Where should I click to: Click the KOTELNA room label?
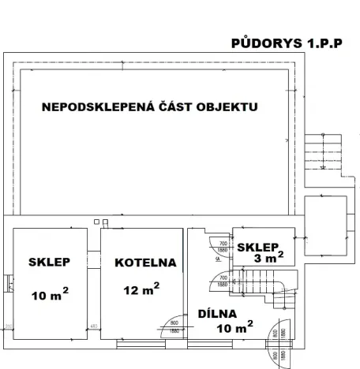click(144, 263)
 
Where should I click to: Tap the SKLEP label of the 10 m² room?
click(49, 263)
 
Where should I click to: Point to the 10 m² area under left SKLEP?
click(49, 296)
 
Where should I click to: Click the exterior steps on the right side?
click(323, 157)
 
